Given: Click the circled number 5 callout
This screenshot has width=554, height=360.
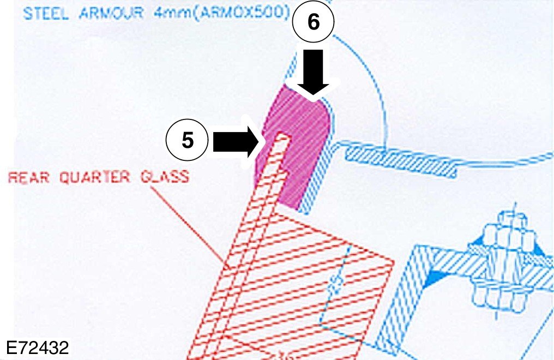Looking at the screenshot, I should (187, 140).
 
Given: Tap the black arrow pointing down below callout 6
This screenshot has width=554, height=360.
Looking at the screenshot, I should (313, 74).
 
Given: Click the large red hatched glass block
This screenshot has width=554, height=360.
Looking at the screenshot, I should (305, 273).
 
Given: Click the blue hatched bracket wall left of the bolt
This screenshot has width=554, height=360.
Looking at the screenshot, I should (398, 305).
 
